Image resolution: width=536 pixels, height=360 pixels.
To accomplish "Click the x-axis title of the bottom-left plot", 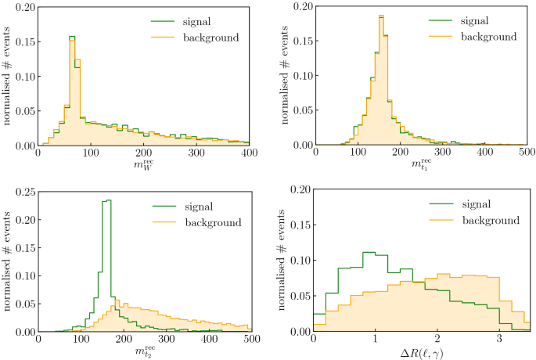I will [x=143, y=352].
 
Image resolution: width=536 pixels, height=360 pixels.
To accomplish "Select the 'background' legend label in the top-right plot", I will [x=489, y=36].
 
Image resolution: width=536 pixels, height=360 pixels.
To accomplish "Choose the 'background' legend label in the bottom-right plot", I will [x=489, y=221].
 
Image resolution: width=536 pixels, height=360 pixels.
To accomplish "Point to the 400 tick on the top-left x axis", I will [x=250, y=154].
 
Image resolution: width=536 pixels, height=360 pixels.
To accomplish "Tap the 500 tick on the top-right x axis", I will [x=526, y=154].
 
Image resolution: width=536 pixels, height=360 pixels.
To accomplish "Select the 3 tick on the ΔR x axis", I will [x=499, y=340].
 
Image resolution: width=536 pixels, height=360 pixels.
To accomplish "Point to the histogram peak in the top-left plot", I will [x=72, y=38].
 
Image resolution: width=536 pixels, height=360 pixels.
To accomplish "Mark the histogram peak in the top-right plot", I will [x=381, y=16].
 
